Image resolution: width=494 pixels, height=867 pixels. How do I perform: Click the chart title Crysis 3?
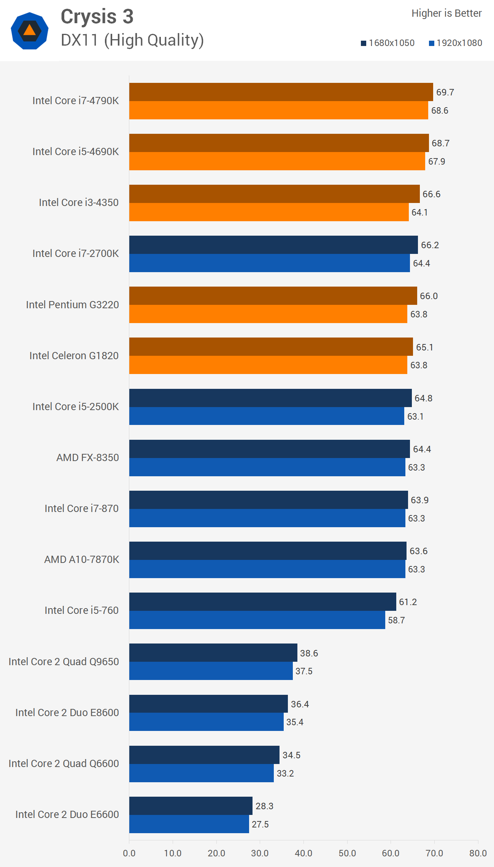point(97,17)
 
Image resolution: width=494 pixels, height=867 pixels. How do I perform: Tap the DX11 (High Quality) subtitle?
point(132,40)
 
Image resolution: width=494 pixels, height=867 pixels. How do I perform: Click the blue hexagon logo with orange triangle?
point(29,31)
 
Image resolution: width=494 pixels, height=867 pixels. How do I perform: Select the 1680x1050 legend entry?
point(388,43)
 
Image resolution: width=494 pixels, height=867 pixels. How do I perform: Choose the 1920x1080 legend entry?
point(456,43)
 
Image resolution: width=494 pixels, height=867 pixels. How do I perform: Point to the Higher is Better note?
point(446,13)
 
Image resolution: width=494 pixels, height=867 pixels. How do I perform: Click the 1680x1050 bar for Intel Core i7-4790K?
point(281,92)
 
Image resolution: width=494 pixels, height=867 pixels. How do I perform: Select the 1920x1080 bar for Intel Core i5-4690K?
point(277,161)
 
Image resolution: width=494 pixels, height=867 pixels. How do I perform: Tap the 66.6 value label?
point(431,194)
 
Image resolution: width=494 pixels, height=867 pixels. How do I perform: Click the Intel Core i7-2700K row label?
point(76,254)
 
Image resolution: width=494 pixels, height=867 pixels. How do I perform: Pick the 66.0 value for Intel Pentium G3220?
point(429,296)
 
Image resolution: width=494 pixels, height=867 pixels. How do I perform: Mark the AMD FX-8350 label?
point(87,458)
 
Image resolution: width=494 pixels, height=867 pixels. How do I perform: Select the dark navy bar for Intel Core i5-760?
point(262,602)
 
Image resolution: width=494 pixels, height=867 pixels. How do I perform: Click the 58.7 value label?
point(396,620)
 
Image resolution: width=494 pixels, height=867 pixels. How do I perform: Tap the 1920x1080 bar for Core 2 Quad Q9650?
point(211,671)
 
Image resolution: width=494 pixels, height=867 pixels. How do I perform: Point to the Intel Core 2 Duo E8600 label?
point(67,713)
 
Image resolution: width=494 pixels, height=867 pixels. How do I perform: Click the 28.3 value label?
point(264,806)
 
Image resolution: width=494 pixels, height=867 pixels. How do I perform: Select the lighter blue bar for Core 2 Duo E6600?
point(189,824)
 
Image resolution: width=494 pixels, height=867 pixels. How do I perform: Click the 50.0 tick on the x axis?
point(347,853)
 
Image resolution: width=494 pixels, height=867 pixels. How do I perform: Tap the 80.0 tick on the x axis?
point(478,853)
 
